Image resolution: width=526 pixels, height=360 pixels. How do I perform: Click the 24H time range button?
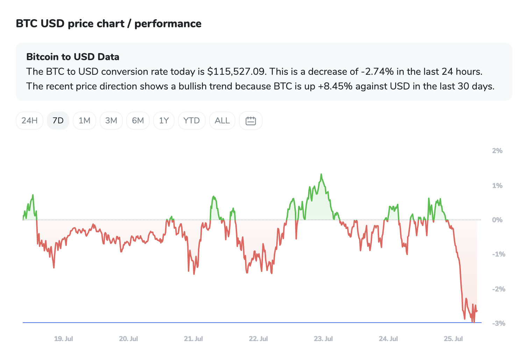click(30, 121)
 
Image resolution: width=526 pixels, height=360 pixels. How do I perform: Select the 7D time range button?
click(58, 121)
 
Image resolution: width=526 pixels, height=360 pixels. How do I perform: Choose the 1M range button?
click(85, 121)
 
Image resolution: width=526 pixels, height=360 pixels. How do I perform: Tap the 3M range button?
click(111, 121)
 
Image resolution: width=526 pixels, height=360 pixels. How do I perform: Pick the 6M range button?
click(138, 121)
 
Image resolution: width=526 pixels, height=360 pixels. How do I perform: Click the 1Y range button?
click(164, 121)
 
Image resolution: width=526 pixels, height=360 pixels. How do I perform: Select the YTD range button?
click(192, 121)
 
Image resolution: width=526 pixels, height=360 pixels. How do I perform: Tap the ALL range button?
click(222, 121)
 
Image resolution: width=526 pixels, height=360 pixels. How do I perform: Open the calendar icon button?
click(250, 121)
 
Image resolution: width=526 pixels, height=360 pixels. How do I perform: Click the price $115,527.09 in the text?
click(237, 72)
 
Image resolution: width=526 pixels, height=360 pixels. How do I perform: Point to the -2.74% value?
click(377, 72)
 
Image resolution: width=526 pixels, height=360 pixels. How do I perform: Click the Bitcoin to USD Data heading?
click(73, 57)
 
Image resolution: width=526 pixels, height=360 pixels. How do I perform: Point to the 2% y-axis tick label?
click(497, 151)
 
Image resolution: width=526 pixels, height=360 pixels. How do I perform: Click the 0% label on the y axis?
click(497, 220)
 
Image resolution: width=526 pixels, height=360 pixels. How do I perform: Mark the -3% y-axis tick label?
click(499, 323)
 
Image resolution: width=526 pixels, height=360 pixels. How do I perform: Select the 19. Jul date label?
click(63, 339)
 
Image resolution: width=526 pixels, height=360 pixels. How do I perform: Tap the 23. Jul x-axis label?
click(324, 339)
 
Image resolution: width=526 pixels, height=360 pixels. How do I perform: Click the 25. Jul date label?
click(453, 339)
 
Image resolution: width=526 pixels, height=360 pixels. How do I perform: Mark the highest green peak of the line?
click(321, 174)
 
